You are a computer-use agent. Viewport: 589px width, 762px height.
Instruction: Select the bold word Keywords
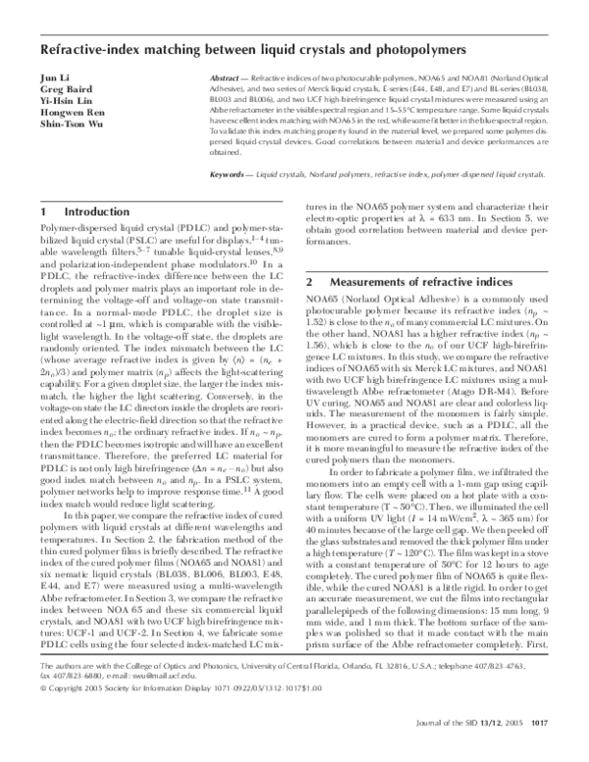[x=230, y=173]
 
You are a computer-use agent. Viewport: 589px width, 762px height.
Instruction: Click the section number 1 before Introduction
[x=43, y=211]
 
